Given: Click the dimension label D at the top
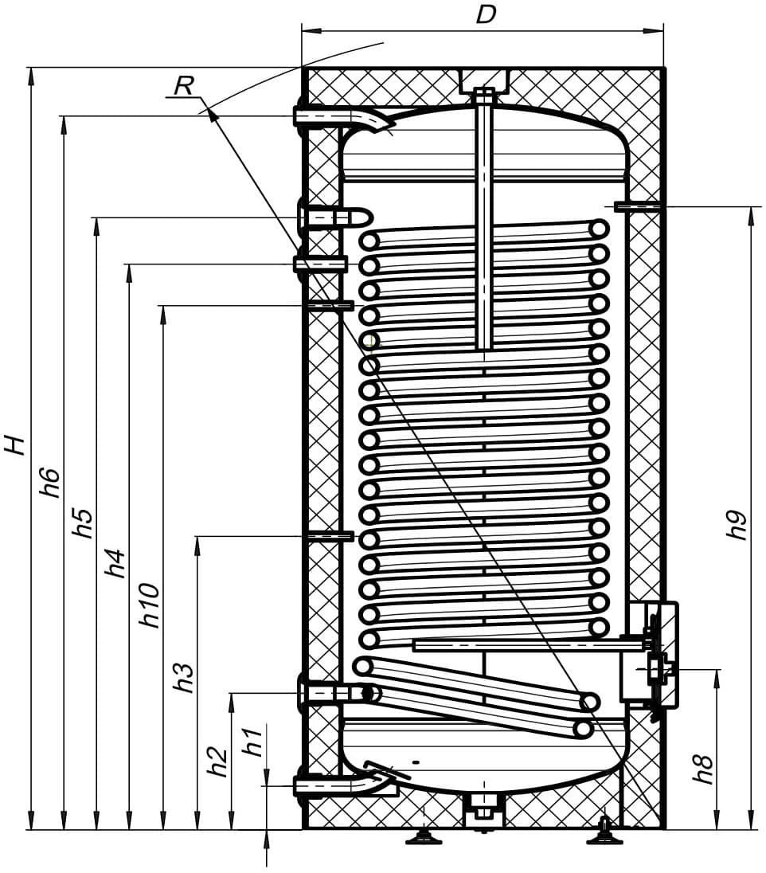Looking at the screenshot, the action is click(x=486, y=15).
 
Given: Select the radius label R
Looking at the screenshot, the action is click(x=184, y=86).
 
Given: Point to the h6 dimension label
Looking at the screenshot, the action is click(x=49, y=482).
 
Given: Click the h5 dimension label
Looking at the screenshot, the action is click(x=82, y=523).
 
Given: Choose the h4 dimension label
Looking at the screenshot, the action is click(x=115, y=563).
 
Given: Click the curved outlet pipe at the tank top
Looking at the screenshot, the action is click(x=345, y=118).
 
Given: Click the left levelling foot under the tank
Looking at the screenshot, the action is click(x=424, y=837).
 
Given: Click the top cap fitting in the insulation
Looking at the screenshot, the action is click(x=484, y=81).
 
